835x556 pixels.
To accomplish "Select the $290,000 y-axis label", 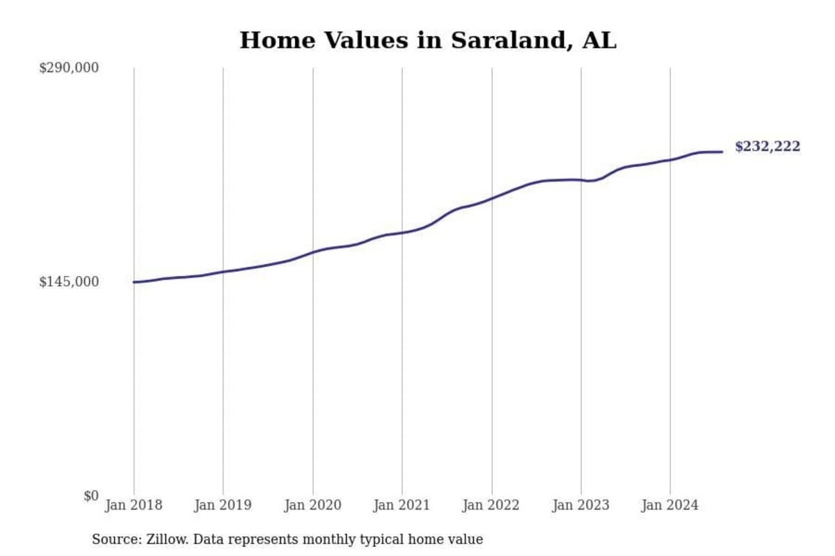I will (x=69, y=68).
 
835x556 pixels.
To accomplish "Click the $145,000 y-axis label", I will (x=69, y=282).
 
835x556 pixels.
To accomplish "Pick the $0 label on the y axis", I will (x=91, y=496).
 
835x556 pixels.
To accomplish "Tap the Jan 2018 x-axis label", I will (x=134, y=505).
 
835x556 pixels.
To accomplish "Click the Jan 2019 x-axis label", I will (x=223, y=505).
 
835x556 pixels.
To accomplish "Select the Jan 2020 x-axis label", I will (x=312, y=505).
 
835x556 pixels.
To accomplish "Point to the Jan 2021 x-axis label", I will (x=402, y=505).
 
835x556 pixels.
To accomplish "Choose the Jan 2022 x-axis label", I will (x=491, y=505).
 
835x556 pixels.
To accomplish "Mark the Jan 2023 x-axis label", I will (x=581, y=505).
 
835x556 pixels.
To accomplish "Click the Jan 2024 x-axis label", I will (x=670, y=505).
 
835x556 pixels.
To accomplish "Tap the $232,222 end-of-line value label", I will (x=768, y=147).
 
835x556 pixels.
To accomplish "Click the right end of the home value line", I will (x=722, y=152).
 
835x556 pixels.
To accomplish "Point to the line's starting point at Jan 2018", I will (x=134, y=282).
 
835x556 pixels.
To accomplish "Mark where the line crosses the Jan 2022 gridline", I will (x=492, y=198).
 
